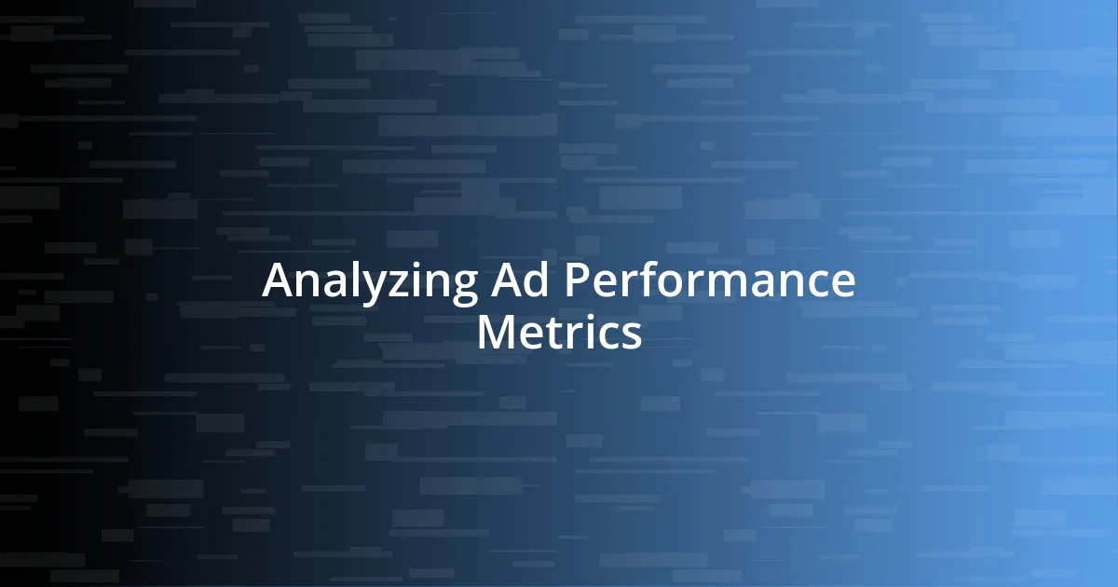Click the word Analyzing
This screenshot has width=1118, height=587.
[370, 281]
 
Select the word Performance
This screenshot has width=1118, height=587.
[707, 281]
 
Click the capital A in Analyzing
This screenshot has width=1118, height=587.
[277, 280]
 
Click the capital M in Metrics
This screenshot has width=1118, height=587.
[494, 332]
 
